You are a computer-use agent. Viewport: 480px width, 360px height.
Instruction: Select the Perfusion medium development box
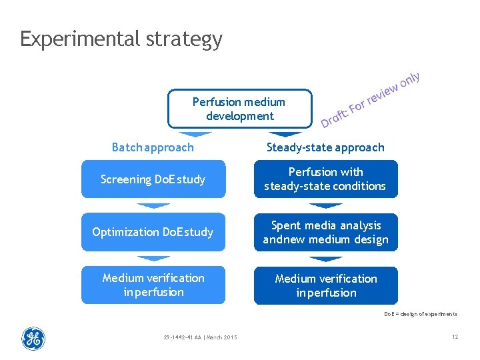click(x=239, y=109)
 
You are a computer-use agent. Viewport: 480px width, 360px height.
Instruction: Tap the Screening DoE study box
click(x=153, y=179)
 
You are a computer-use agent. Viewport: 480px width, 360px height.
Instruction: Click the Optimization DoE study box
click(x=153, y=232)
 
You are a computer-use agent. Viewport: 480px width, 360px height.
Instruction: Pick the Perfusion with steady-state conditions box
click(x=325, y=179)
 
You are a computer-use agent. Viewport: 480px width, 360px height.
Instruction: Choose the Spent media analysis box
click(x=325, y=233)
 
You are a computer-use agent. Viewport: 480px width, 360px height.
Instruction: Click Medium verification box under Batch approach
click(x=153, y=285)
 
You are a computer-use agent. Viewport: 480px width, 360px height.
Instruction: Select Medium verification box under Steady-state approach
click(x=325, y=286)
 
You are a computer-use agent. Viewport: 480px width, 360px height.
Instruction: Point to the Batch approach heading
click(x=153, y=147)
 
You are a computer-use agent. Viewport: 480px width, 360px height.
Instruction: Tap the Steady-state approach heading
click(x=325, y=147)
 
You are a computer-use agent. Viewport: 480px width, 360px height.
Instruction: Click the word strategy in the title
click(x=183, y=39)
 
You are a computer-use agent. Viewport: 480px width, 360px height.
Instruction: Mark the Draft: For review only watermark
click(x=371, y=100)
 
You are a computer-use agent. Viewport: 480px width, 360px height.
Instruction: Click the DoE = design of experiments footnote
click(x=420, y=314)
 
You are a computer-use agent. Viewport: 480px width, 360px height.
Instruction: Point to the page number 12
click(x=455, y=337)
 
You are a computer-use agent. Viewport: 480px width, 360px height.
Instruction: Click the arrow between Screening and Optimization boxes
click(x=153, y=205)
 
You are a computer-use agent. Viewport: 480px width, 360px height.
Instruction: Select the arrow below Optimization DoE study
click(x=153, y=258)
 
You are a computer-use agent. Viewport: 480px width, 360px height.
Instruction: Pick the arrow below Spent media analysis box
click(x=325, y=259)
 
